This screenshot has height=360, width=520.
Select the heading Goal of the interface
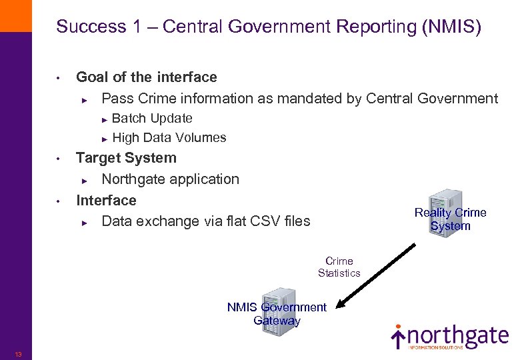coord(147,77)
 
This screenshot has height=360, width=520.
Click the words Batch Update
coord(152,119)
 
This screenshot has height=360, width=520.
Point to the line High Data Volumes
coord(169,138)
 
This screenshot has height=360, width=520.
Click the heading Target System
coord(126,159)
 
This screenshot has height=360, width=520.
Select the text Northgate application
coord(170,179)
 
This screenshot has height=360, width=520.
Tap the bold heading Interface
coord(106,201)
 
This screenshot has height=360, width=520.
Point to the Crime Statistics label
coord(339,267)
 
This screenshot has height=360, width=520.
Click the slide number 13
coord(18,354)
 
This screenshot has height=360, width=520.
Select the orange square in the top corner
coord(15,15)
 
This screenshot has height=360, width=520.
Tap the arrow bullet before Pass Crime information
coord(85,99)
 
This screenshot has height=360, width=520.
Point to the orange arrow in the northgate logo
coord(398,337)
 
